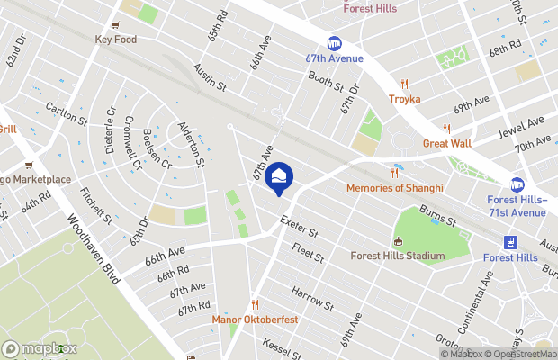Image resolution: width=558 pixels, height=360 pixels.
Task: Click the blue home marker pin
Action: click(280, 177)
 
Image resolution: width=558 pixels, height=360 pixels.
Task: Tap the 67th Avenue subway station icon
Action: click(335, 43)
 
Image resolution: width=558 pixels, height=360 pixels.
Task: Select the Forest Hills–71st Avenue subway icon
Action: click(517, 184)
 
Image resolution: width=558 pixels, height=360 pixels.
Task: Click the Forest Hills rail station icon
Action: click(510, 242)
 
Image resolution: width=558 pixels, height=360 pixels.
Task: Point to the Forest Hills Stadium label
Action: click(399, 256)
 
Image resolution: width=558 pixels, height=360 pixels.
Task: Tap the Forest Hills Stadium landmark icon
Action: click(399, 241)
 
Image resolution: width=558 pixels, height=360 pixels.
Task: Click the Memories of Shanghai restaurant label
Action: click(395, 188)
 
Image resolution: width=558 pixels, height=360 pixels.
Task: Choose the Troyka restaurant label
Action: click(405, 99)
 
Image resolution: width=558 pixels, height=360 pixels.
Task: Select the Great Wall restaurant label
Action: click(448, 142)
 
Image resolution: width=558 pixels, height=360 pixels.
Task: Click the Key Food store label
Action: click(114, 40)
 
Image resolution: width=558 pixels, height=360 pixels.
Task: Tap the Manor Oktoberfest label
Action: click(255, 319)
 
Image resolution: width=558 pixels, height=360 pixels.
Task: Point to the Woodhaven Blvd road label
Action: click(93, 248)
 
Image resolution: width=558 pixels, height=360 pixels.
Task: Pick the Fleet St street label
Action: click(308, 251)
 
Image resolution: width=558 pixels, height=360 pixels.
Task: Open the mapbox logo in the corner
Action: click(40, 349)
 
